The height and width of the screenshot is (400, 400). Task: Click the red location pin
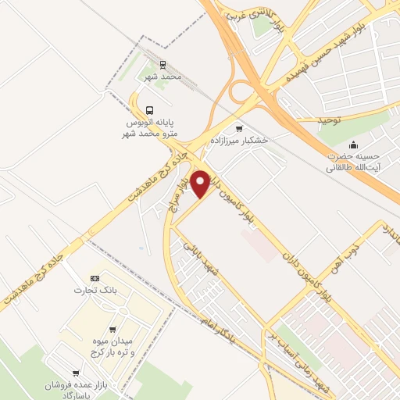click(x=201, y=184)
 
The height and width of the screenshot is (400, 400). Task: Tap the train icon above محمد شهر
click(x=162, y=65)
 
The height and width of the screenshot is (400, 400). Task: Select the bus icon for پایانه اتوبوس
click(x=149, y=110)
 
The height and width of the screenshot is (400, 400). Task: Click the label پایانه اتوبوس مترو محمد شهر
click(x=153, y=129)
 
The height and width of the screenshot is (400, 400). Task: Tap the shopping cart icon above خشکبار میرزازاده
click(x=239, y=128)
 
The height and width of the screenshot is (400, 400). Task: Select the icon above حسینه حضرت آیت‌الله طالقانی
click(x=354, y=144)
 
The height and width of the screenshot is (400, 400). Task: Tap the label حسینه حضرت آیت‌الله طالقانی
click(x=348, y=161)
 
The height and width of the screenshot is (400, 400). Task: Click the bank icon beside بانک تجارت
click(x=95, y=277)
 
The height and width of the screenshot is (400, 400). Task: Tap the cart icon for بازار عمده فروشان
click(x=76, y=373)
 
